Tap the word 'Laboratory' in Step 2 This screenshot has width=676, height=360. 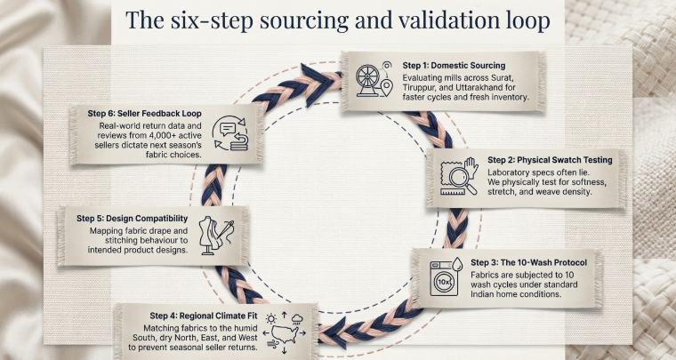coord(514,172)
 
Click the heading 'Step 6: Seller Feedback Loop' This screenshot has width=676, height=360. coord(144,114)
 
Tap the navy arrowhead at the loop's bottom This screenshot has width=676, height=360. coord(331,336)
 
